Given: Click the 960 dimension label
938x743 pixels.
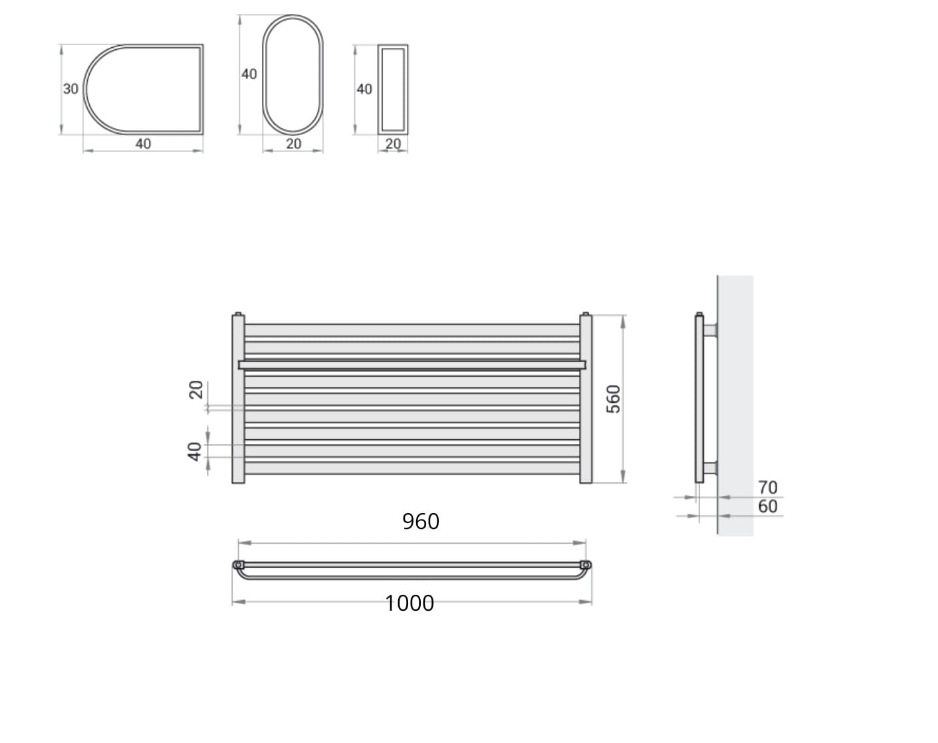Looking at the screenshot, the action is click(421, 521).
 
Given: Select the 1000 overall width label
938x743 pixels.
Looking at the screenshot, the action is click(410, 603).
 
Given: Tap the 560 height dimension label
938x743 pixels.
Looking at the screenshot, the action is click(614, 399).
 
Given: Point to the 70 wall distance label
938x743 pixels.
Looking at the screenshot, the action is click(768, 487).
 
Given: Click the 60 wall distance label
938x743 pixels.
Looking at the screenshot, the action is click(768, 506).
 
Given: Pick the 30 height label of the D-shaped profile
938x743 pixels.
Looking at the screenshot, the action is click(70, 89).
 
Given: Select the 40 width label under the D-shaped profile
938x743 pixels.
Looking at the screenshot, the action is click(143, 144).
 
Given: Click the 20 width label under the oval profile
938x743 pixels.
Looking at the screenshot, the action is click(293, 144).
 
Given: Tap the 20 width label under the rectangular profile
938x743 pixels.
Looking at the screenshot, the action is click(393, 144).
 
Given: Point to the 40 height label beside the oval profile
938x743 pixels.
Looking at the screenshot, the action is click(249, 74).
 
